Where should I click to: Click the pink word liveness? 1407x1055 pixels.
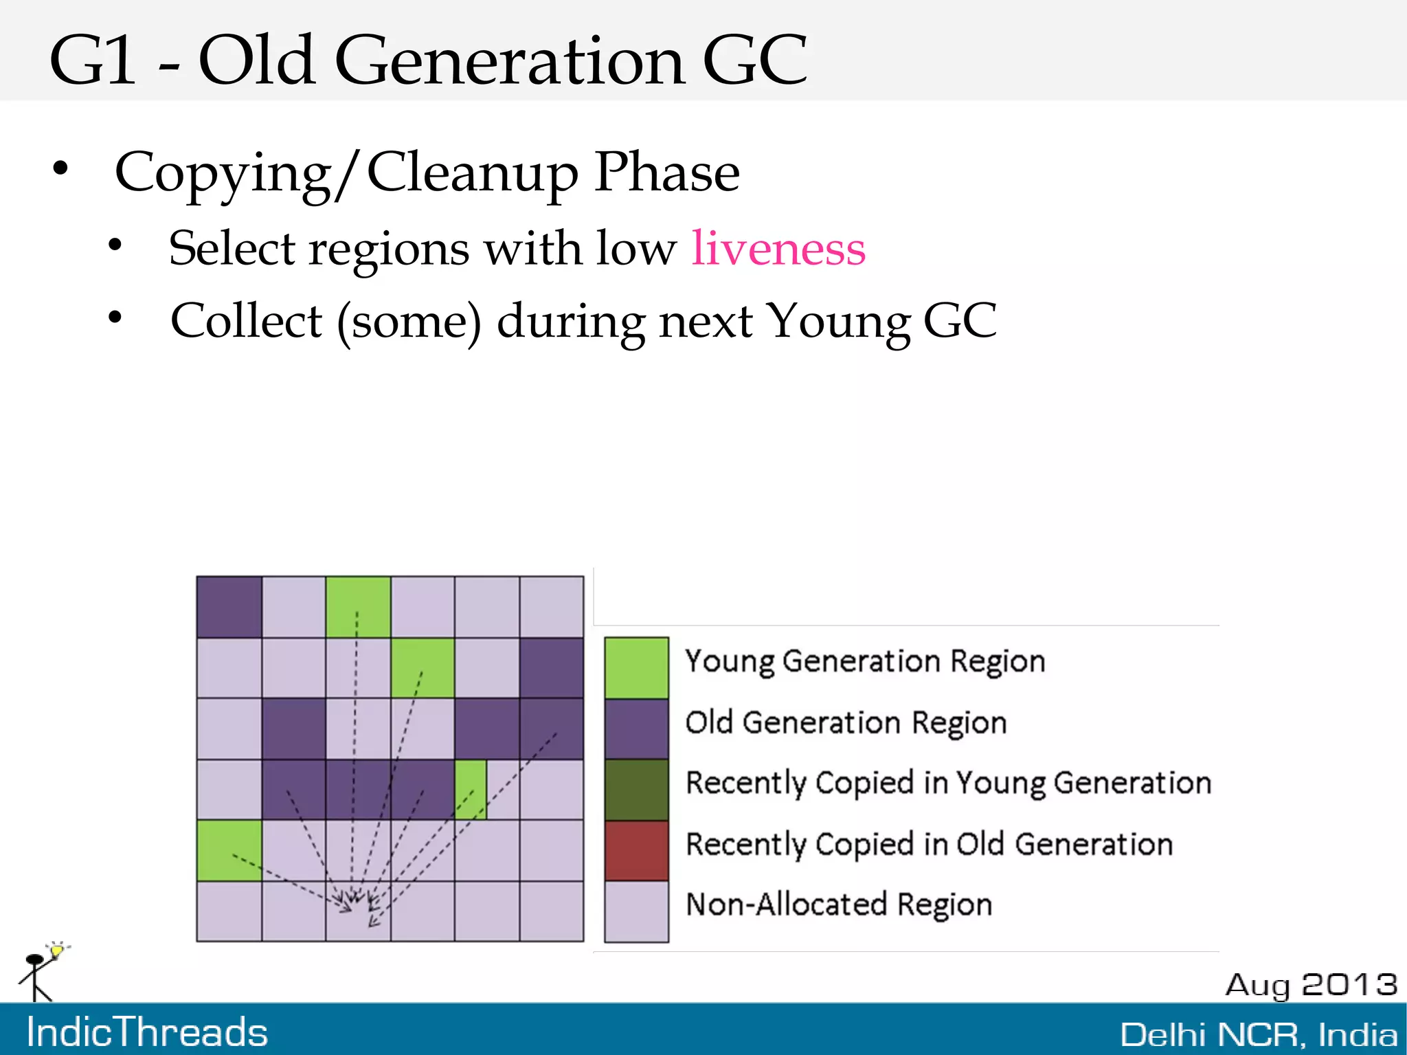pyautogui.click(x=778, y=248)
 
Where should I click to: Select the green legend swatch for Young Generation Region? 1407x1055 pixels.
pyautogui.click(x=636, y=667)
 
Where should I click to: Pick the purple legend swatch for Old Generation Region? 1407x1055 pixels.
pyautogui.click(x=636, y=729)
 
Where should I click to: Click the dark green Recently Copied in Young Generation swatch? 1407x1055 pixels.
pyautogui.click(x=636, y=790)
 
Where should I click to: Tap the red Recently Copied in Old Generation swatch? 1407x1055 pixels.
pyautogui.click(x=636, y=850)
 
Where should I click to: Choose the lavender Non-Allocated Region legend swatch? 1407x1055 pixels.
pyautogui.click(x=636, y=911)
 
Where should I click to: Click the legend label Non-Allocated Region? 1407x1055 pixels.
pyautogui.click(x=839, y=904)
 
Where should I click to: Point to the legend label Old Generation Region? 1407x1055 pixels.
pyautogui.click(x=846, y=722)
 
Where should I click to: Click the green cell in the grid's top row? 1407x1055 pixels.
pyautogui.click(x=358, y=607)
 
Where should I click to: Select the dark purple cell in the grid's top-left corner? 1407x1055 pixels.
pyautogui.click(x=229, y=607)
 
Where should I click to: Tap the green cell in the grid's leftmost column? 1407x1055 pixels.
pyautogui.click(x=229, y=850)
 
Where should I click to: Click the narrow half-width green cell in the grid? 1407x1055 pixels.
pyautogui.click(x=471, y=789)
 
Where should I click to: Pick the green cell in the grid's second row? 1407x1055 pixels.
pyautogui.click(x=423, y=667)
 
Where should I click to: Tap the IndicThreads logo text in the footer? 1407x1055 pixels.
pyautogui.click(x=147, y=1032)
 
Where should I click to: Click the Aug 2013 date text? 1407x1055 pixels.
pyautogui.click(x=1311, y=984)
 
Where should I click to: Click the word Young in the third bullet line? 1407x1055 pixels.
pyautogui.click(x=837, y=321)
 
